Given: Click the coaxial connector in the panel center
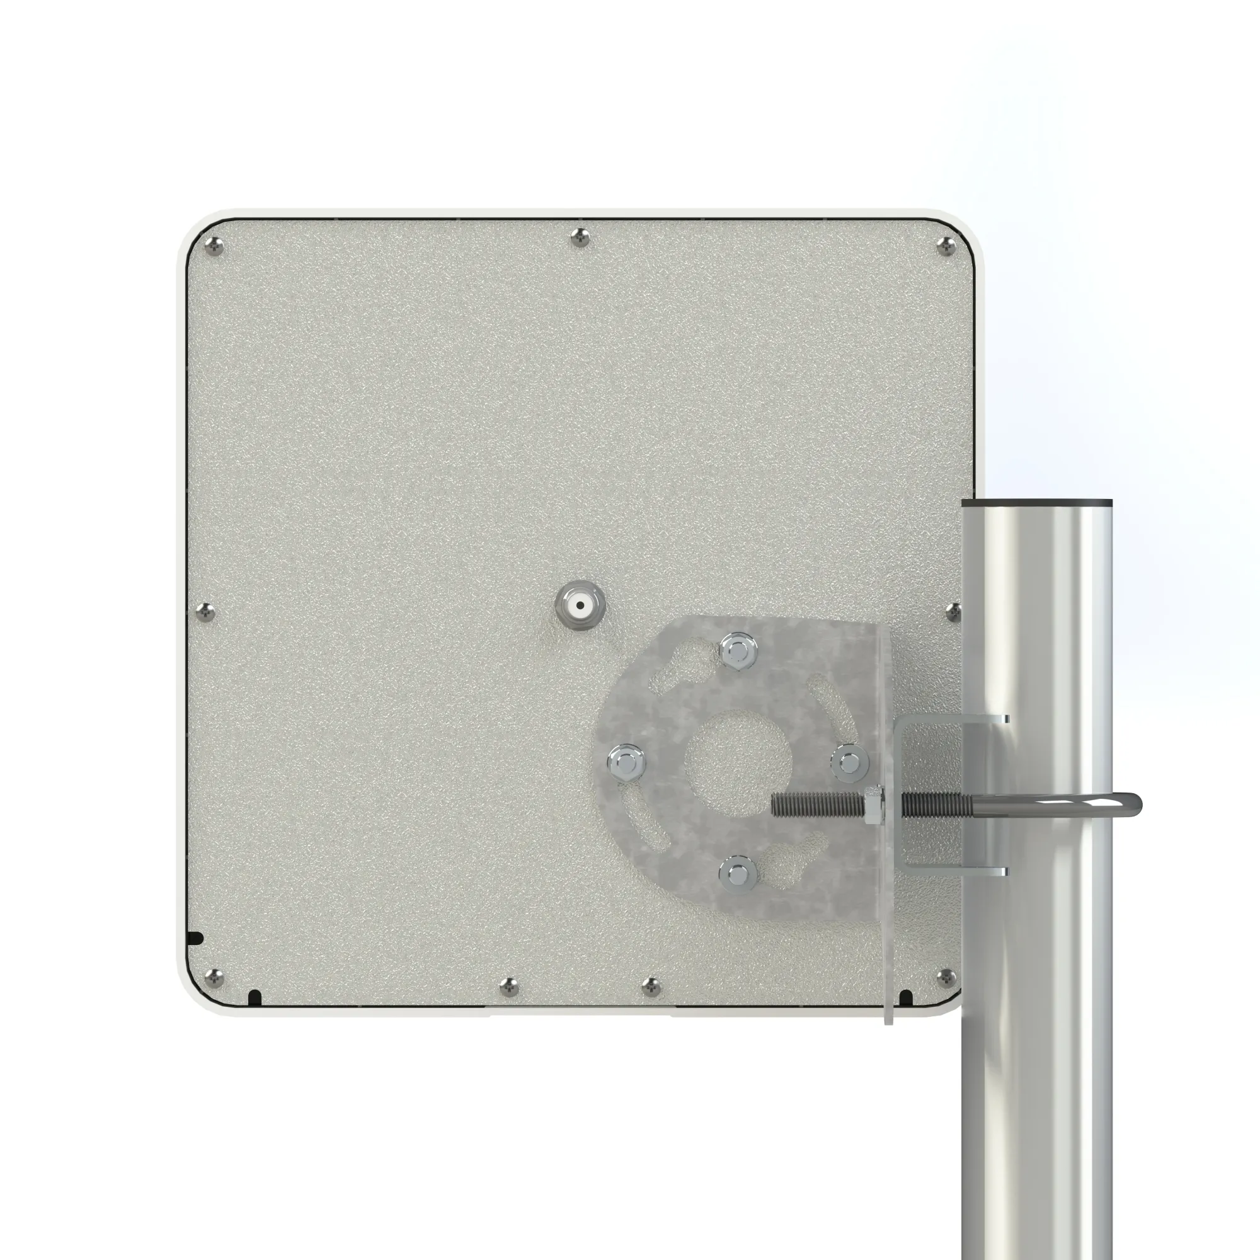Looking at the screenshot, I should click(x=580, y=605).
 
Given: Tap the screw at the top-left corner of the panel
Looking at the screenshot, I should click(x=214, y=246).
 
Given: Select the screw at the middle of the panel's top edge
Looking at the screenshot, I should click(x=580, y=238).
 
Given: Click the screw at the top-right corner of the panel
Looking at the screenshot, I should click(x=946, y=246).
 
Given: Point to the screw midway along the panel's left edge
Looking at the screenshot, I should click(x=205, y=612).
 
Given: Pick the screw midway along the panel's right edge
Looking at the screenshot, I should click(x=953, y=612).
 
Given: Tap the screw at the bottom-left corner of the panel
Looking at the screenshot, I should click(x=214, y=978).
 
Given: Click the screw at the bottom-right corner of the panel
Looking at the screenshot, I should click(x=946, y=978).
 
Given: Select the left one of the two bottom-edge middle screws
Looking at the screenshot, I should click(x=509, y=987).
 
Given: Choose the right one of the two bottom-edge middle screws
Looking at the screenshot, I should click(x=651, y=987).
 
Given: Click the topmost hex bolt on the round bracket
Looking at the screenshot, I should click(x=738, y=650).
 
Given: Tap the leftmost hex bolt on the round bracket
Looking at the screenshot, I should click(x=626, y=761).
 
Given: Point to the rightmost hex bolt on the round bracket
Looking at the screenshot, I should click(x=849, y=761).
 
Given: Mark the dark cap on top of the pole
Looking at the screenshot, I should click(x=1037, y=503).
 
